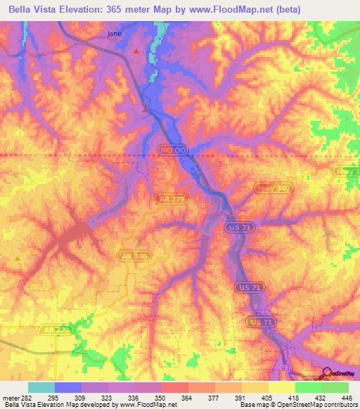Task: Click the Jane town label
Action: [114, 33]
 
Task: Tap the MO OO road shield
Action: [172, 151]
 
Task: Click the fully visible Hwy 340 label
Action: [271, 187]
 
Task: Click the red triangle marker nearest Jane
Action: [136, 51]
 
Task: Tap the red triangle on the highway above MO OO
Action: [145, 110]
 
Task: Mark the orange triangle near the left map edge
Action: [18, 258]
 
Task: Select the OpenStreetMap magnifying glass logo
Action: [327, 372]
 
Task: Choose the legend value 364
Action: [186, 397]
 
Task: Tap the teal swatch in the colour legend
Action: [41, 387]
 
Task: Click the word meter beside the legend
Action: [8, 397]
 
